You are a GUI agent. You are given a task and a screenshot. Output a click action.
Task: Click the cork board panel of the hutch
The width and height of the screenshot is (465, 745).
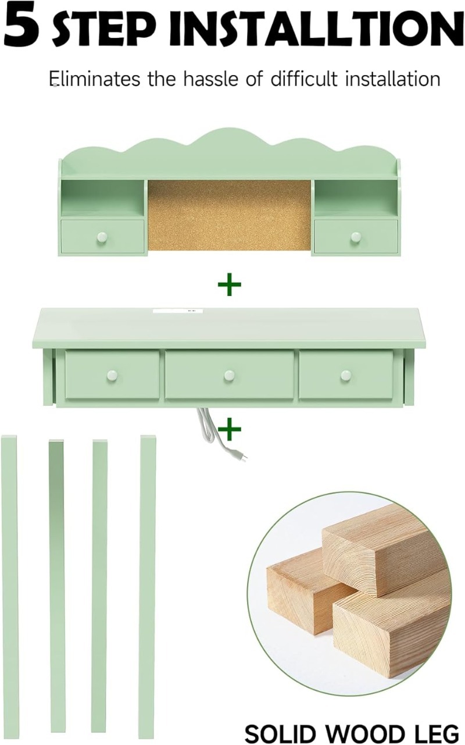click(230, 215)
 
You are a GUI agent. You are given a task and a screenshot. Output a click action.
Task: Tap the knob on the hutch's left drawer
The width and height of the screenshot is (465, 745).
click(102, 237)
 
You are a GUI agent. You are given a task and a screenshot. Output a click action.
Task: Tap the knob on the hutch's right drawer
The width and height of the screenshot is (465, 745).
click(356, 237)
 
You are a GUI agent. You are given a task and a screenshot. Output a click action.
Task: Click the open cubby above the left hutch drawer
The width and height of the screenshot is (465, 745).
click(103, 199)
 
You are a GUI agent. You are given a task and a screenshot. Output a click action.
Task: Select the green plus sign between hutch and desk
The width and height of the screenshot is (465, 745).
click(230, 284)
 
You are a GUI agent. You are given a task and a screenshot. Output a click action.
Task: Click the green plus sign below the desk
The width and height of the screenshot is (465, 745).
click(230, 429)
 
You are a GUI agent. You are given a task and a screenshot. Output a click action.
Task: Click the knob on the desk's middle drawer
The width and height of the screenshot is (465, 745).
click(229, 376)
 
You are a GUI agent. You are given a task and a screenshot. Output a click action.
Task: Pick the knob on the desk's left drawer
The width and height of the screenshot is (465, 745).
click(112, 376)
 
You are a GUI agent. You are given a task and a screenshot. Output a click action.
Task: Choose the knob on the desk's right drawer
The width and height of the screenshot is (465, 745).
click(346, 376)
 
